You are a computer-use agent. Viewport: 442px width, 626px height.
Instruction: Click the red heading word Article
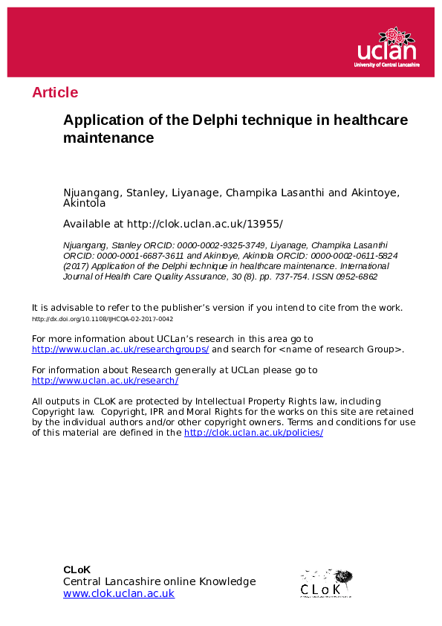(54, 92)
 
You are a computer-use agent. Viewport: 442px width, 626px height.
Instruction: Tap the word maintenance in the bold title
(108, 138)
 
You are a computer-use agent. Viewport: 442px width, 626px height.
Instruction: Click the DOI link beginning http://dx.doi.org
(103, 318)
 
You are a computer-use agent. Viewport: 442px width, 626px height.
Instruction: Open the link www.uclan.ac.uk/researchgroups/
(120, 349)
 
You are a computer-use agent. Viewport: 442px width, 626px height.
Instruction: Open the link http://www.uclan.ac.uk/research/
(105, 380)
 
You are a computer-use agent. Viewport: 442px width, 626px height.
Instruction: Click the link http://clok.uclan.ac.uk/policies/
(253, 432)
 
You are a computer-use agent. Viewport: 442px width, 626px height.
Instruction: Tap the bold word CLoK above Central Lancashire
(77, 569)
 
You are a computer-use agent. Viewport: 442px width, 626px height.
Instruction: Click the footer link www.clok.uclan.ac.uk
(119, 593)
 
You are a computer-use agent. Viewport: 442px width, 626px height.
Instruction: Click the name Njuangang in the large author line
(92, 193)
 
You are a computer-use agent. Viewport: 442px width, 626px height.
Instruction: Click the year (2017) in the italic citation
(75, 265)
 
